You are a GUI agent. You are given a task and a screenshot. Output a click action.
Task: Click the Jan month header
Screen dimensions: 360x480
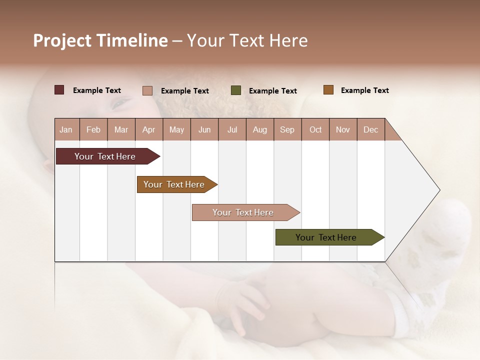coord(66,129)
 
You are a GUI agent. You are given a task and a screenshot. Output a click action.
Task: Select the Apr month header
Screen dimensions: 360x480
coord(148,129)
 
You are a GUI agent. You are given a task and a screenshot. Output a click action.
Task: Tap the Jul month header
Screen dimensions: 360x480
coord(232,129)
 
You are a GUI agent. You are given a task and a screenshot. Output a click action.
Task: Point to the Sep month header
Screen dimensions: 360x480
coord(287,129)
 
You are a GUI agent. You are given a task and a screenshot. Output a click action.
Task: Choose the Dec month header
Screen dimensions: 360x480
coord(370,129)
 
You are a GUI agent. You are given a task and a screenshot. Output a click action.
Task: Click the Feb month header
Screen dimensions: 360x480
coord(93,129)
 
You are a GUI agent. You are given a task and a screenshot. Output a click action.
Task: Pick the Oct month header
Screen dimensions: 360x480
coord(315,129)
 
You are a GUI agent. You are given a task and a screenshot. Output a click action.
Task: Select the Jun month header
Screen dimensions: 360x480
coord(204,129)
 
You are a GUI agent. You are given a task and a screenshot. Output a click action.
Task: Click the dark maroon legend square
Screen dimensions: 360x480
coord(59,90)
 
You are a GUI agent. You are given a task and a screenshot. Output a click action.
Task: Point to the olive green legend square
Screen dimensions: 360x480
coord(236,90)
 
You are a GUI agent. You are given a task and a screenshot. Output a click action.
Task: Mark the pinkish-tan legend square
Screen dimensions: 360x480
coord(147,90)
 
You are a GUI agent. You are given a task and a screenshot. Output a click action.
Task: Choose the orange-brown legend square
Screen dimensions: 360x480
coord(328,90)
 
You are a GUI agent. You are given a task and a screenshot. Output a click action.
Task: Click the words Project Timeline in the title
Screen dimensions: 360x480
coord(100,40)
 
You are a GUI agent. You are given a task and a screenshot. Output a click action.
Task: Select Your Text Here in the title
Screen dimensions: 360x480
coord(247,40)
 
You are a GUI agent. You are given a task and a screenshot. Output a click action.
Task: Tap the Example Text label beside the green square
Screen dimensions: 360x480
coord(273,91)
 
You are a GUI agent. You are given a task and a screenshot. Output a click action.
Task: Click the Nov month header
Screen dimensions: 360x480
coord(343,129)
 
